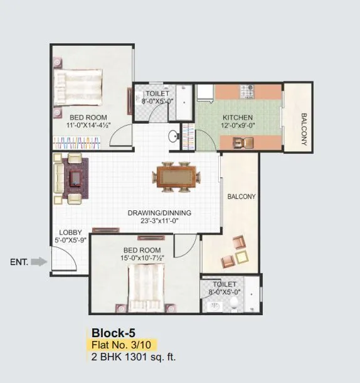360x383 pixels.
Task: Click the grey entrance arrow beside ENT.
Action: pyautogui.click(x=39, y=262)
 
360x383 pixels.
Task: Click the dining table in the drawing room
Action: pyautogui.click(x=175, y=176)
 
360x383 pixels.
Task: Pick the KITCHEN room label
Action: pyautogui.click(x=238, y=118)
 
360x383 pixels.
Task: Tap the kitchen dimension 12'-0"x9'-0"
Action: pyautogui.click(x=238, y=126)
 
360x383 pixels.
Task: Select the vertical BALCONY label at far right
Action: pyautogui.click(x=304, y=129)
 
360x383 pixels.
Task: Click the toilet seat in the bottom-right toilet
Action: pyautogui.click(x=233, y=305)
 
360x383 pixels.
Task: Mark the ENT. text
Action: pyautogui.click(x=19, y=262)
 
